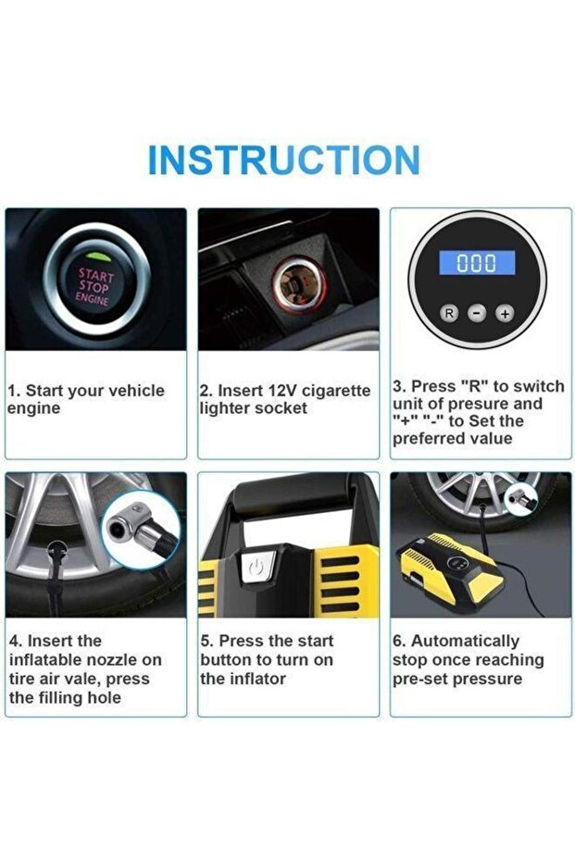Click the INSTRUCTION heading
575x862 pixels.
pyautogui.click(x=284, y=160)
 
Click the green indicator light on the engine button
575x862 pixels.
pyautogui.click(x=99, y=256)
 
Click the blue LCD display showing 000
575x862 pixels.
pyautogui.click(x=477, y=263)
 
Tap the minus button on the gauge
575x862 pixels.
pyautogui.click(x=477, y=313)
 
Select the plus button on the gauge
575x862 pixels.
pyautogui.click(x=505, y=313)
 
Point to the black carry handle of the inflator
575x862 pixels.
pyautogui.click(x=293, y=497)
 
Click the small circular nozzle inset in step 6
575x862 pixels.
pyautogui.click(x=521, y=500)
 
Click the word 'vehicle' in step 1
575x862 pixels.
pyautogui.click(x=136, y=391)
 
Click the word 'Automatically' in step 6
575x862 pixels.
pyautogui.click(x=465, y=642)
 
